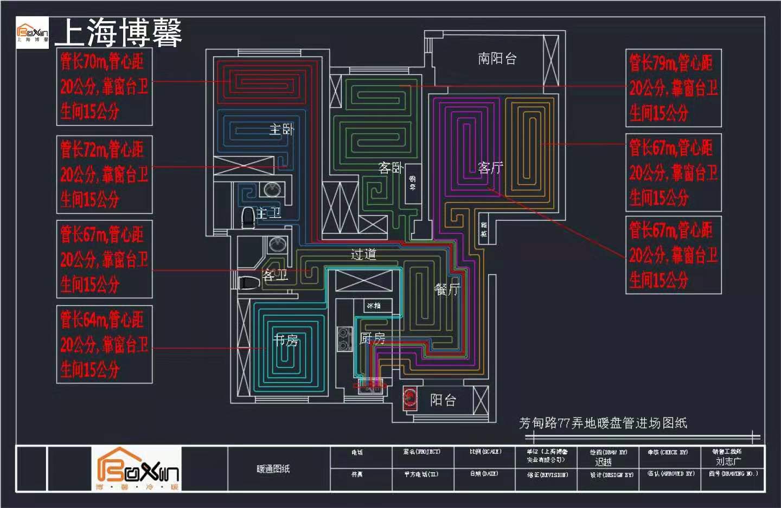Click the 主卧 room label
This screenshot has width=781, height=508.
click(x=281, y=129)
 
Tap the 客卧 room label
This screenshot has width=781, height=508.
click(x=391, y=168)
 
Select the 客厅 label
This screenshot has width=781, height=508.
click(x=490, y=168)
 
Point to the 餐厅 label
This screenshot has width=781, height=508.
click(x=447, y=290)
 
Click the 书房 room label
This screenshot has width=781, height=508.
click(x=286, y=340)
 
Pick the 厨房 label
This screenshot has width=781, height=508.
click(x=373, y=338)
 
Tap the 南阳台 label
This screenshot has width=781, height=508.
click(x=497, y=59)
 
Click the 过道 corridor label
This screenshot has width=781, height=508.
click(x=363, y=254)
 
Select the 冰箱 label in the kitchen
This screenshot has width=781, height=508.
click(x=374, y=306)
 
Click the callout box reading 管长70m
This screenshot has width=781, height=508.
click(x=104, y=87)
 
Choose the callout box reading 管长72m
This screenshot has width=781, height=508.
click(x=104, y=174)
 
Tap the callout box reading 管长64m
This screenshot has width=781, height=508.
click(x=104, y=344)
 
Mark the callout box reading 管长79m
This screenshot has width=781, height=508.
click(x=673, y=88)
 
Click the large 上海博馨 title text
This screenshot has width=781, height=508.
click(x=118, y=33)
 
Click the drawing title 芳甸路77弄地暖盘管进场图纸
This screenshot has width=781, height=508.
click(x=603, y=423)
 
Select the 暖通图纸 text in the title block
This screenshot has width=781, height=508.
click(x=273, y=468)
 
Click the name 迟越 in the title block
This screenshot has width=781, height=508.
click(x=603, y=462)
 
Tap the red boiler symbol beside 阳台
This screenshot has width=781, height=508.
click(x=410, y=399)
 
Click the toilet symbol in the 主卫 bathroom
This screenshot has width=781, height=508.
click(x=248, y=216)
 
